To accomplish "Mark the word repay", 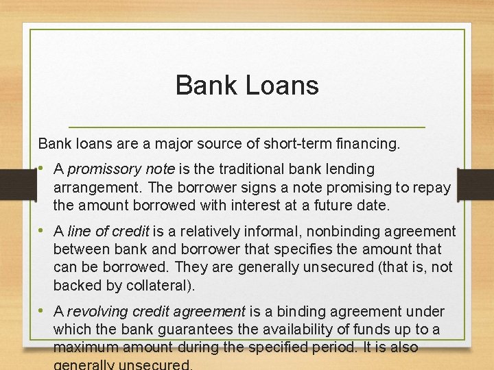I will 431,187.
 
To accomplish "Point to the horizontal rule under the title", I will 247,128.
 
